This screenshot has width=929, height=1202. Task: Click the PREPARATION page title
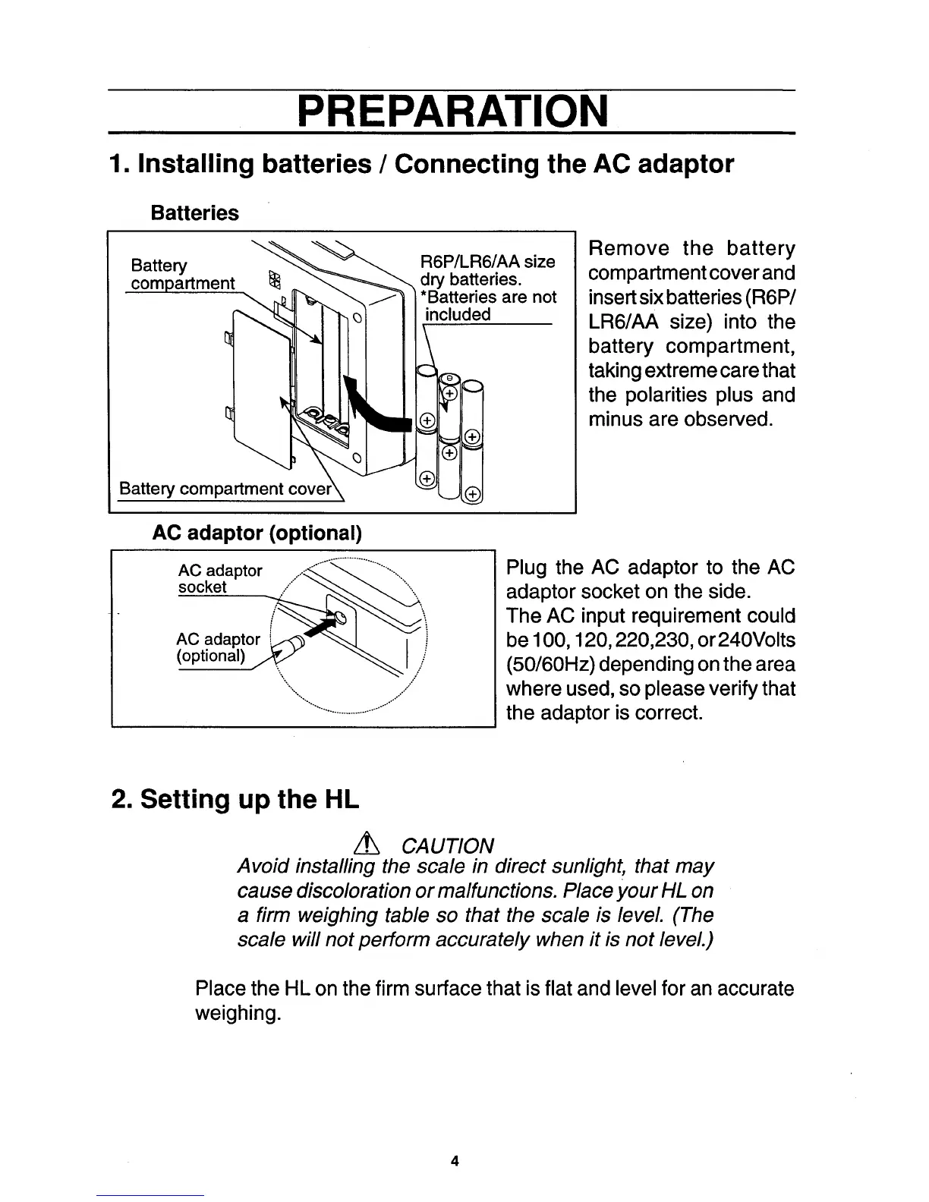click(452, 112)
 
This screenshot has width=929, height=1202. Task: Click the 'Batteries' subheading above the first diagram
click(194, 213)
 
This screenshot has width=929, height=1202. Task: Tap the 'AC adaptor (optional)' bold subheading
click(257, 533)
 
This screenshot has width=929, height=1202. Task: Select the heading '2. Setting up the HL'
click(235, 799)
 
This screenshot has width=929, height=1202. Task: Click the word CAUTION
click(447, 845)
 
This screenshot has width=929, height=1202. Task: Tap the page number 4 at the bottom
click(454, 1160)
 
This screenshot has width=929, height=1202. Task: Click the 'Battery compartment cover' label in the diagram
click(225, 489)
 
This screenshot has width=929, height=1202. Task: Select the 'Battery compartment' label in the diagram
click(182, 275)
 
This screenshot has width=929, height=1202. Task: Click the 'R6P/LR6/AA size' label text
click(487, 262)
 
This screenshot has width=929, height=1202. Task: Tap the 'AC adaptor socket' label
click(219, 578)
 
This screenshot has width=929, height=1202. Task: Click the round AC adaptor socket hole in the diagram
click(341, 615)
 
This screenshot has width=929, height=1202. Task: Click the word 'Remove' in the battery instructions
click(629, 249)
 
